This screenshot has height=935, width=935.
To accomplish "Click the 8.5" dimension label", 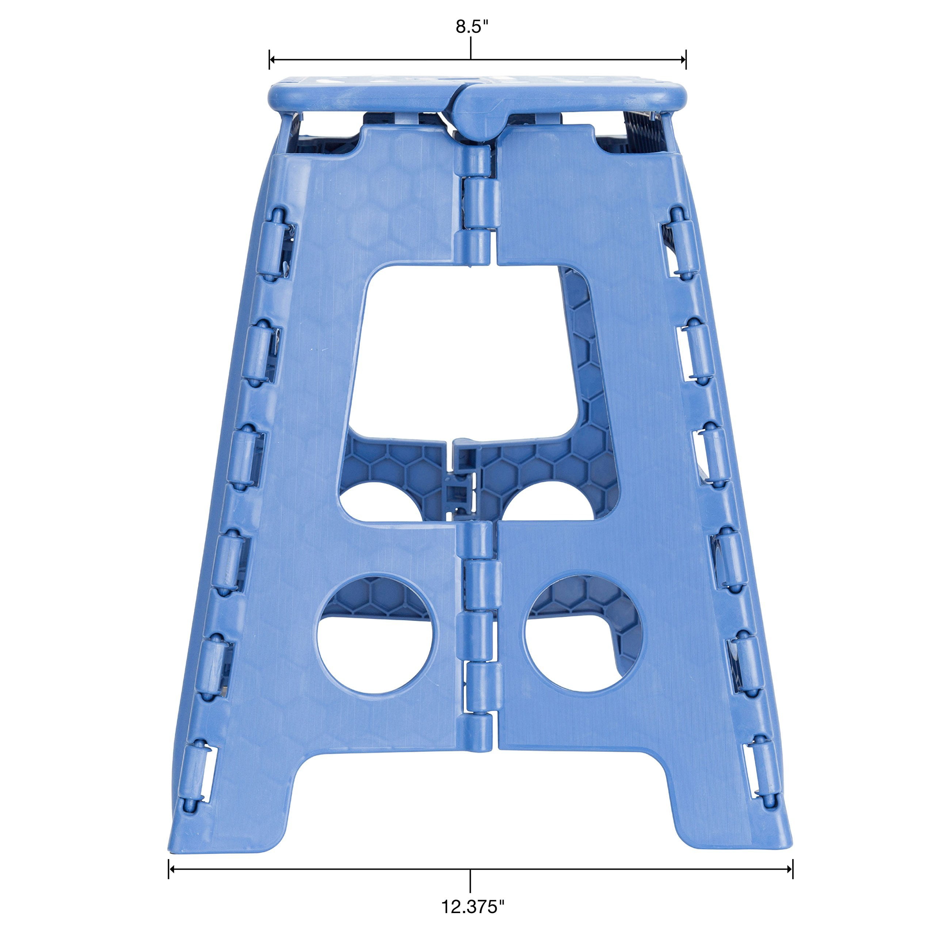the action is (x=469, y=27).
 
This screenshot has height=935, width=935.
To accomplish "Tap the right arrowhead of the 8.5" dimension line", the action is (x=683, y=60).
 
